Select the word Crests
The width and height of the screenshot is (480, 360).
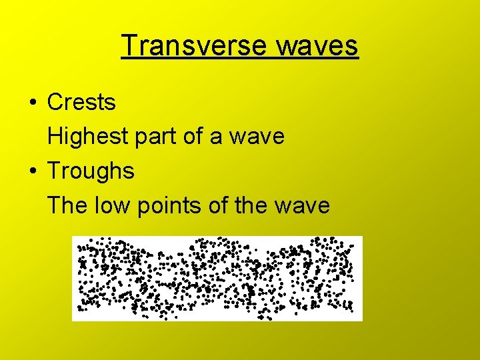[x=81, y=103]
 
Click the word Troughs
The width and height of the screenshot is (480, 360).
[x=91, y=171]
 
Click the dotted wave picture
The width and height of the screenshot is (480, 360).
[x=217, y=278]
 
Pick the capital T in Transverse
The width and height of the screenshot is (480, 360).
[x=129, y=45]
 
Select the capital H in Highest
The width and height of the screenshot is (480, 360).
[x=55, y=137]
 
